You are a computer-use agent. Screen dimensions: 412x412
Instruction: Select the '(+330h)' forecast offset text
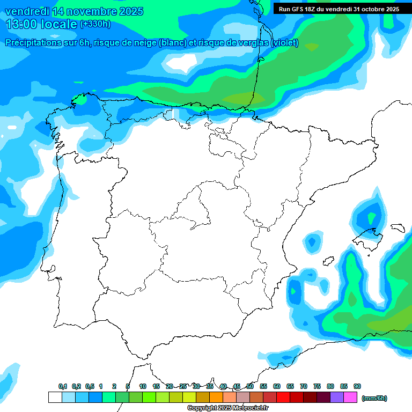[x=95, y=24]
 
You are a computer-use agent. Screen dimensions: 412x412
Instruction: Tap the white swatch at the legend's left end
[x=55, y=398]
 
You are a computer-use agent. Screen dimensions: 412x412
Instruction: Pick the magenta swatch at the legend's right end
[x=350, y=398]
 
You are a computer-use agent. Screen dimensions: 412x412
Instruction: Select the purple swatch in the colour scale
[x=337, y=398]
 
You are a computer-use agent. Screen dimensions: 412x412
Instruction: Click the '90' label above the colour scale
[x=357, y=386]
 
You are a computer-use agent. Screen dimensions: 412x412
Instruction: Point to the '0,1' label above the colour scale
[x=63, y=386]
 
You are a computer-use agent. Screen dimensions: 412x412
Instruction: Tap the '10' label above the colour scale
[x=143, y=386]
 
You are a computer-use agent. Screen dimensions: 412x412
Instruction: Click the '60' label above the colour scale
[x=277, y=386]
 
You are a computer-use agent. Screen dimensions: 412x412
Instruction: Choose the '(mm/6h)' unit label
[x=374, y=398]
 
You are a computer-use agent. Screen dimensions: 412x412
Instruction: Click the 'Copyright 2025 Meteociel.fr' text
[x=227, y=408]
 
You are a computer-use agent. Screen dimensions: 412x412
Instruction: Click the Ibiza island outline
[x=328, y=261]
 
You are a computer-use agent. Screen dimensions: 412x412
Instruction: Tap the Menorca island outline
[x=398, y=227]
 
